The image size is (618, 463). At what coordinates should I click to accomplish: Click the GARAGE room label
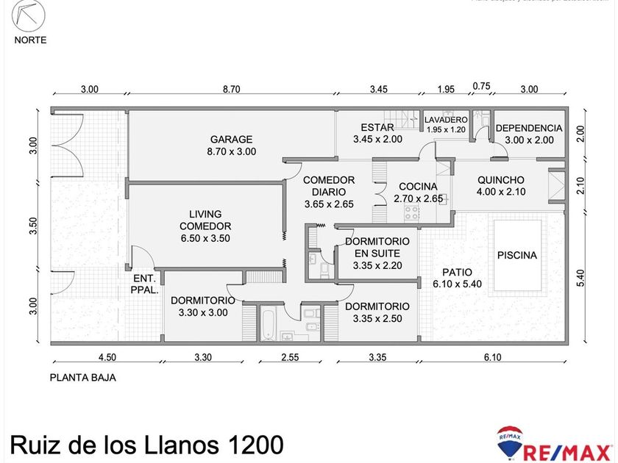[x=231, y=139]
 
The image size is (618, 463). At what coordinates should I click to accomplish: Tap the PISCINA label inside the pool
[x=517, y=256]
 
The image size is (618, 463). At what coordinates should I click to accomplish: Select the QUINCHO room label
[x=500, y=179]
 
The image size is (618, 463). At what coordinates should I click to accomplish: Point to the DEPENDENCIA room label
[x=528, y=128]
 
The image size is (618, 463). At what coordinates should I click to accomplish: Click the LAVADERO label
[x=447, y=119]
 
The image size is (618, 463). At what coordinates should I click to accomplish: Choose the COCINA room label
[x=418, y=187]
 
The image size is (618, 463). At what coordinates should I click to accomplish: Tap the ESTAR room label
[x=377, y=127]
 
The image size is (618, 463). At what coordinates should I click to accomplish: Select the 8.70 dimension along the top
[x=231, y=89]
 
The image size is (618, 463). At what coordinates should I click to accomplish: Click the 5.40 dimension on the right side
[x=580, y=279]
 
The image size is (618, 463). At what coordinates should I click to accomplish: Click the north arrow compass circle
[x=30, y=15]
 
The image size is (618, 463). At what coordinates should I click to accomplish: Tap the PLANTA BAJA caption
[x=82, y=378]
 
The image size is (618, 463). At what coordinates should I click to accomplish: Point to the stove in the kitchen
[x=411, y=212]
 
